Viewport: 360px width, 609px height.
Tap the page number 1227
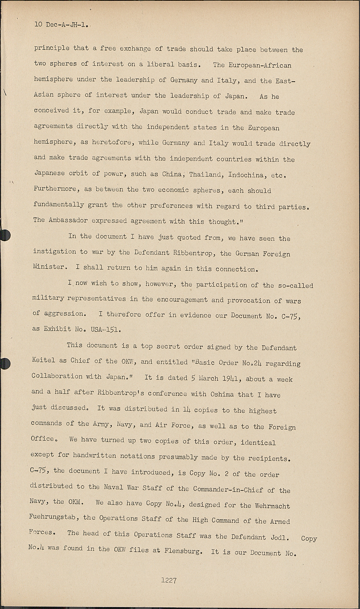point(168,580)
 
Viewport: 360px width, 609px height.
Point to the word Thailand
point(205,175)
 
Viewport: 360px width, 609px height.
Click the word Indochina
point(247,175)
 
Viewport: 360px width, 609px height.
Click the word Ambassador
point(68,220)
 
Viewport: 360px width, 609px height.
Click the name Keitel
point(43,360)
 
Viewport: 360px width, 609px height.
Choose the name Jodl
point(279,537)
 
